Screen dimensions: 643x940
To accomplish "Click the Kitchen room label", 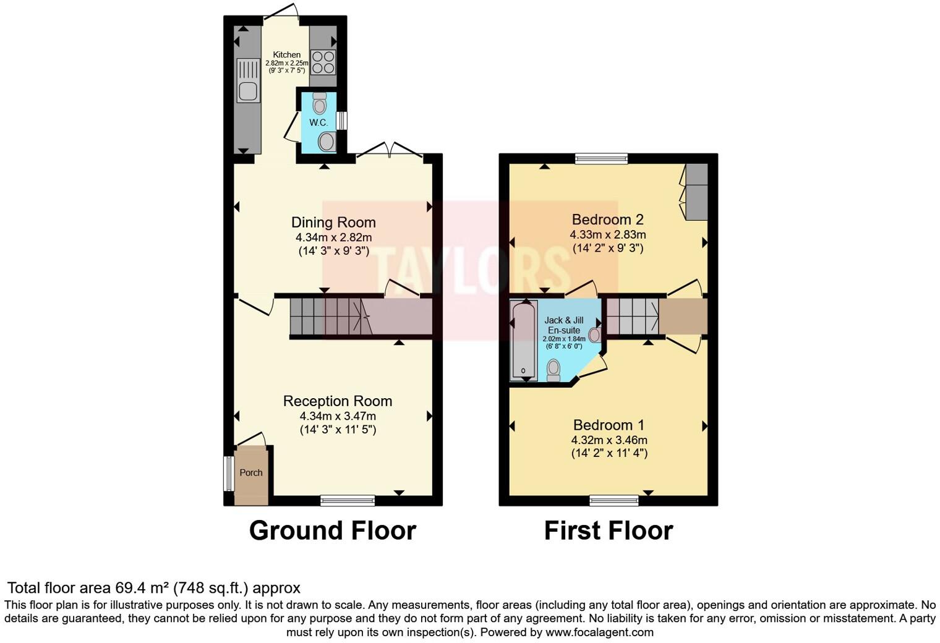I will pos(287,55).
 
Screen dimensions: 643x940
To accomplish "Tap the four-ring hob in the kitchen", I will pos(323,62).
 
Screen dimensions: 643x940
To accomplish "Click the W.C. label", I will pos(318,122).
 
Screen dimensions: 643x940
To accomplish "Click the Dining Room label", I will pos(333,222).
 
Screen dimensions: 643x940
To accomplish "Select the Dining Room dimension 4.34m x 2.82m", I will pos(333,237).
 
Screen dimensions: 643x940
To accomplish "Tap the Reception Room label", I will pos(337,401).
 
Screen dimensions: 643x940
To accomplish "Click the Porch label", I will pos(251,472).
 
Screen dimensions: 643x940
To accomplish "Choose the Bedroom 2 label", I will pos(607,219).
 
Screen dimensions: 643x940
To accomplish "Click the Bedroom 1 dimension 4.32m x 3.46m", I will pos(609,440).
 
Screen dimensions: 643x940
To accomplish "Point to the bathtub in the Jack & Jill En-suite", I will pos(524,340).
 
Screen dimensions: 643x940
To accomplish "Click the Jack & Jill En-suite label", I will pos(563,325).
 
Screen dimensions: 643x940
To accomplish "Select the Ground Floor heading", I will pos(332,530).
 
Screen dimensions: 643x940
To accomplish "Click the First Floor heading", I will pos(608,530).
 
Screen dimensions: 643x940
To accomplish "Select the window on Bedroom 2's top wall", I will pos(601,158).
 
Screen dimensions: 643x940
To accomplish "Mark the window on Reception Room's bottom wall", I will pos(348,500).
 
